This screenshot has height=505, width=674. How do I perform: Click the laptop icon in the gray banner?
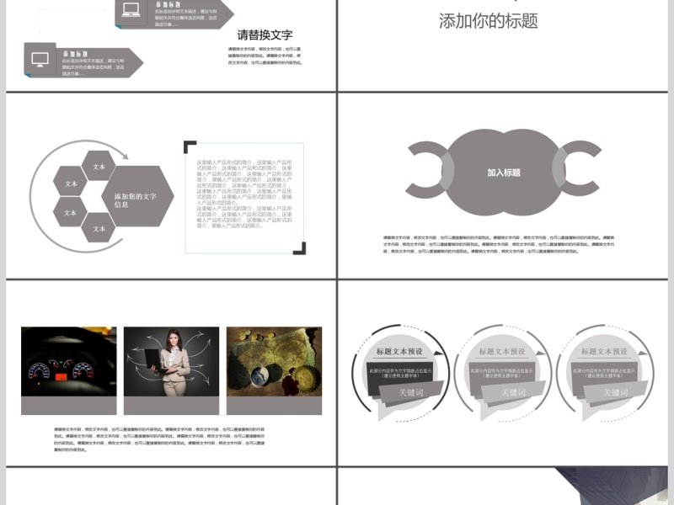131,11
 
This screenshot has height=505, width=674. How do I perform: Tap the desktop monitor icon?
40,59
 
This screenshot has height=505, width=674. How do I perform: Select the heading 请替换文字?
265,35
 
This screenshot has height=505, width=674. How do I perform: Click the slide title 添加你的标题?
488,21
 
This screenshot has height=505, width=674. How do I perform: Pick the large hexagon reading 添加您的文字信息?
136,199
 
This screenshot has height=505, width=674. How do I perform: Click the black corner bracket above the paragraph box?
190,146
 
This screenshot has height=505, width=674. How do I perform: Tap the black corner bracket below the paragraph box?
300,248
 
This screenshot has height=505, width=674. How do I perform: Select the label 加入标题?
504,173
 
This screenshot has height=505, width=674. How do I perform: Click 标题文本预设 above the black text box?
399,351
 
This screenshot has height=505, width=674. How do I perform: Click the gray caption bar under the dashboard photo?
69,405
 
